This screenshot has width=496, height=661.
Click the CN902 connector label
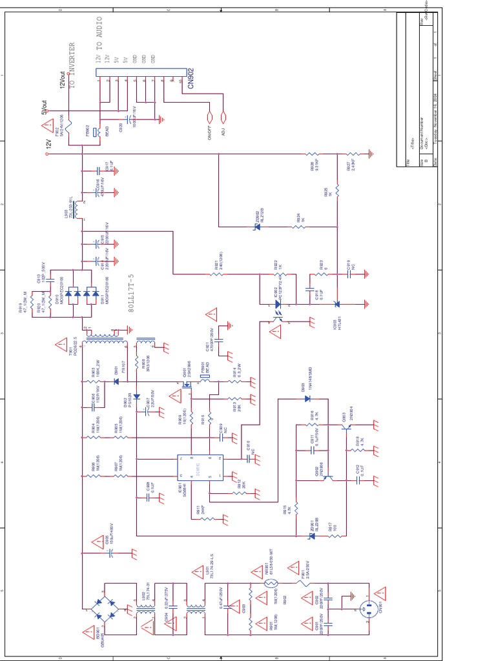[191, 76]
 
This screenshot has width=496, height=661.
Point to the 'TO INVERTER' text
[72, 65]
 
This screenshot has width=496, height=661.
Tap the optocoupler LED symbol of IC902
[278, 303]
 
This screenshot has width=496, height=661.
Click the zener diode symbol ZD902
[256, 227]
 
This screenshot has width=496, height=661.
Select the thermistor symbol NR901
[270, 584]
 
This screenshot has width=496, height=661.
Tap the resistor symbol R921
[218, 274]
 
